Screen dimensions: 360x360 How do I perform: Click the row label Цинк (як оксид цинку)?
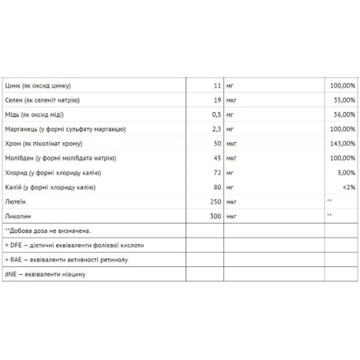[x=38, y=85]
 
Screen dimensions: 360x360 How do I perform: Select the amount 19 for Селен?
[x=217, y=100]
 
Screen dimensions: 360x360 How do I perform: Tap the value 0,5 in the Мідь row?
[x=216, y=115]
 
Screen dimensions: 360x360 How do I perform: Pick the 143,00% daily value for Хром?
[x=343, y=144]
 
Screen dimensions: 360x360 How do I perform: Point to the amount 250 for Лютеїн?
[x=215, y=202]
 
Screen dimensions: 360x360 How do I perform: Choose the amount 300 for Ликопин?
[x=215, y=216]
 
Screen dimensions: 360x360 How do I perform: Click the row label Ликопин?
[x=16, y=216]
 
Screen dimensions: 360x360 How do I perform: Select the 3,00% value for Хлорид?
[x=346, y=173]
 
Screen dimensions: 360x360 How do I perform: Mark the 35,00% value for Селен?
[x=345, y=100]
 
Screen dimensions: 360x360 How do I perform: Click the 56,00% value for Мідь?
[x=345, y=115]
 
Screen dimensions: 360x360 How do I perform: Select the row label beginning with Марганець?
[x=65, y=130]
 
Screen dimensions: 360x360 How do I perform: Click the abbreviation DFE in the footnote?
[x=16, y=245]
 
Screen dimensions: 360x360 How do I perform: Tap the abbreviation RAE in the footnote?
[x=16, y=260]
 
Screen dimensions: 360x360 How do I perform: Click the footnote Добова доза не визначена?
[x=49, y=231]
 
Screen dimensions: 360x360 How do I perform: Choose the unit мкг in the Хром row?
[x=232, y=144]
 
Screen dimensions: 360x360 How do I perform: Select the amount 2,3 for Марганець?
[x=216, y=130]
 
